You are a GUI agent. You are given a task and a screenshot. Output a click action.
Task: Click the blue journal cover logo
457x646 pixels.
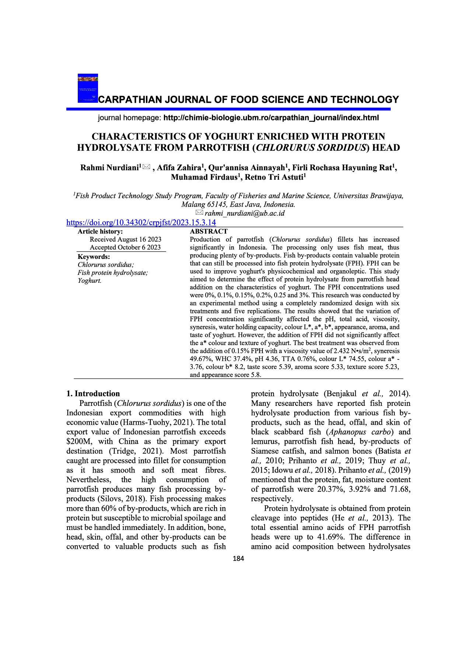[88, 88]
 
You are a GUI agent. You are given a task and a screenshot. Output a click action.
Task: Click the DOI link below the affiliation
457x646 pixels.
[141, 222]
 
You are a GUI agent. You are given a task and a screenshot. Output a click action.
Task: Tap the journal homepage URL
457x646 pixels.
[271, 118]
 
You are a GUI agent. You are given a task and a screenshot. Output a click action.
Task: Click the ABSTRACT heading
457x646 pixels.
[208, 231]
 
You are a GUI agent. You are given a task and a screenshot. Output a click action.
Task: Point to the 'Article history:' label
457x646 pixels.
[100, 231]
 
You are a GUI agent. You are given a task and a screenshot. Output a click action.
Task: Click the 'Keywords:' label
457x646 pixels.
[94, 257]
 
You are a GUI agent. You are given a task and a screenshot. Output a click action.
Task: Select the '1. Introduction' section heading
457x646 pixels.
[93, 393]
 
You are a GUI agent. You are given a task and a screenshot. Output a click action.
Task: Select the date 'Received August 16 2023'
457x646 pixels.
[125, 239]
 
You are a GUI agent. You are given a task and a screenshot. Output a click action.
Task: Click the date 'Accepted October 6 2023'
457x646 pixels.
[125, 247]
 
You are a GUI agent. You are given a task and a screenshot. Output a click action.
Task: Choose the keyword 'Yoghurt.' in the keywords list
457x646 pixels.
[89, 281]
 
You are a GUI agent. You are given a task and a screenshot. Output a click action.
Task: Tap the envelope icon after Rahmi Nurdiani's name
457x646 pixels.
[146, 168]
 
